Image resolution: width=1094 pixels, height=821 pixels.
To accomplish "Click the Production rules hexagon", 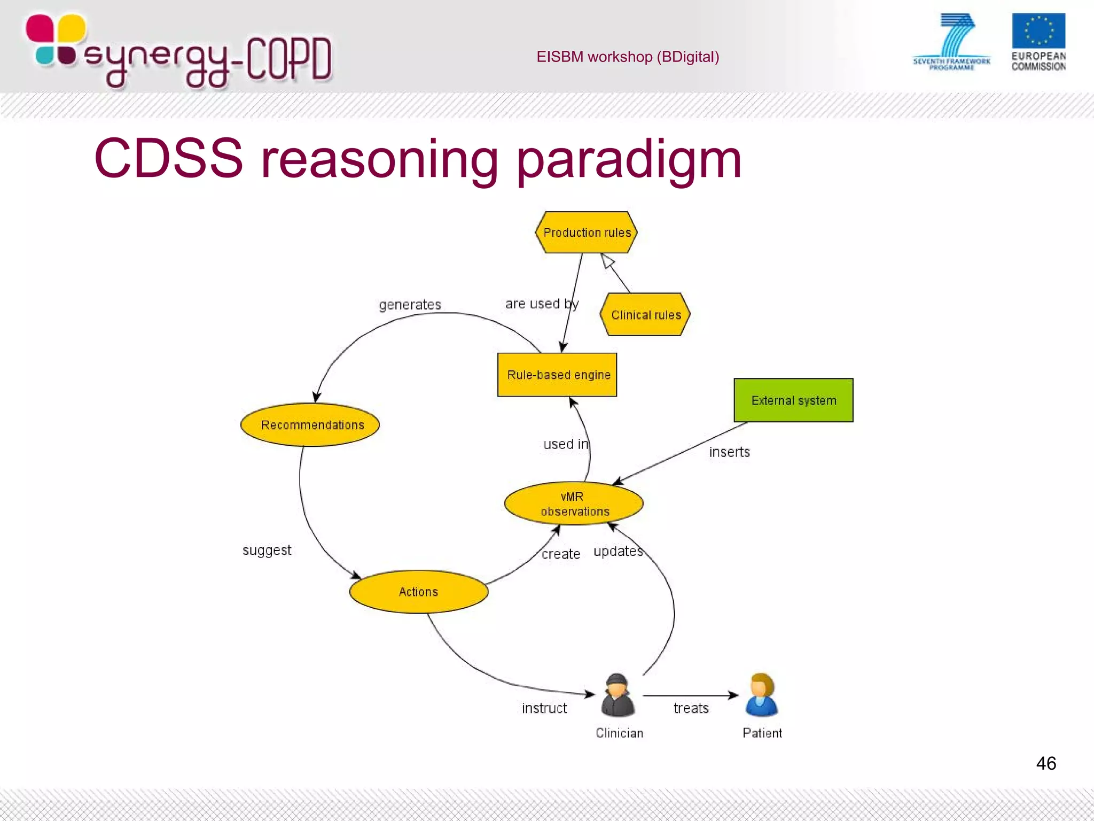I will coord(586,233).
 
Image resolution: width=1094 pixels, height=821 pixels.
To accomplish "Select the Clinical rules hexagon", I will coord(645,315).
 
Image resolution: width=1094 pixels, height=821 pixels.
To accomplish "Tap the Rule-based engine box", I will coord(557,375).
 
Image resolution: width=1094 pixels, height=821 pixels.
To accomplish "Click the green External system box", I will coord(793,400).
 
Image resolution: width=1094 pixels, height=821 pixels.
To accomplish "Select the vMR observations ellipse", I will coord(574,504).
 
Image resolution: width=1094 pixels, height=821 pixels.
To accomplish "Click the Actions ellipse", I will coord(419,592).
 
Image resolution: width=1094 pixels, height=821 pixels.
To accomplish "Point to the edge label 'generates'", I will coord(410,305).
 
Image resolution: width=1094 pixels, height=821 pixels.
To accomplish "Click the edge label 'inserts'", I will coord(729,452).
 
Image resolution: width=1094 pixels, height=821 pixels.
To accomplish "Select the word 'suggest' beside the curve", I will coord(267,550).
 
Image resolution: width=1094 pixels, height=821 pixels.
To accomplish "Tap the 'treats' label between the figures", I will coord(691,708).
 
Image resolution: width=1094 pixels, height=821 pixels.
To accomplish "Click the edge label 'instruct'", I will coord(544,708).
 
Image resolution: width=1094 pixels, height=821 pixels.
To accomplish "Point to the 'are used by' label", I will coord(542,304).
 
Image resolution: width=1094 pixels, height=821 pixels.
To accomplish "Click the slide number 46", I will coord(1045,763).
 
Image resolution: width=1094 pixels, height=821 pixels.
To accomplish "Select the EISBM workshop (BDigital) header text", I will coord(628,57).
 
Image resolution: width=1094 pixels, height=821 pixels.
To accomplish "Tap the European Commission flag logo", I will coord(1038,31).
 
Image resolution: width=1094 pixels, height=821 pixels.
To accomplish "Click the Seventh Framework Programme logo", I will coord(952,42).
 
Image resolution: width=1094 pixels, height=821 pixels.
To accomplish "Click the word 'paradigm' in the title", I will coord(629,159).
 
